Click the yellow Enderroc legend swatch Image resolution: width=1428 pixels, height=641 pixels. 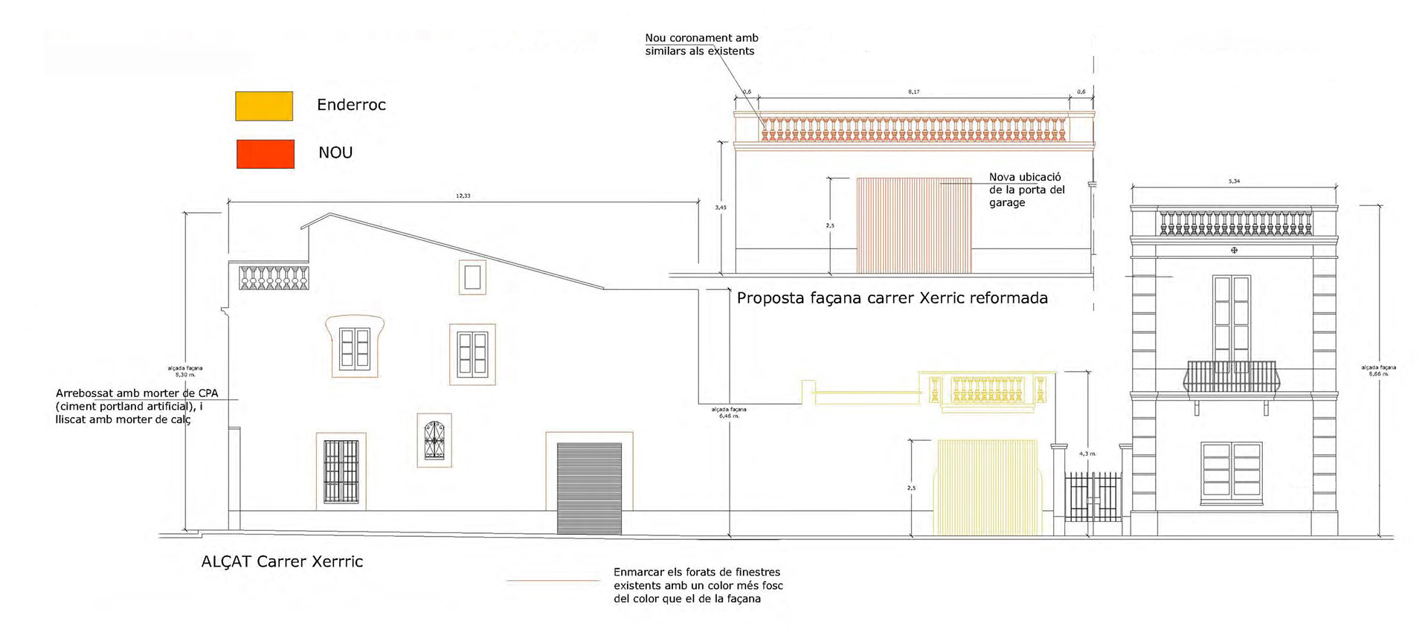tap(264, 106)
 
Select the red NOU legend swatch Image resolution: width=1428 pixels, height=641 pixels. tap(266, 154)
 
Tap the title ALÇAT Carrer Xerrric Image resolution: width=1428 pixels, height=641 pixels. tap(282, 561)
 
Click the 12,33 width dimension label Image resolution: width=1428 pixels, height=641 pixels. tap(463, 196)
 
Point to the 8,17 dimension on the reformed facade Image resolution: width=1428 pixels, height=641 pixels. tap(913, 92)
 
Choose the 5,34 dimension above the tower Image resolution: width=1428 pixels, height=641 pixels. tap(1234, 181)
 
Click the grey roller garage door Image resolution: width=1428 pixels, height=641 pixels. tap(589, 488)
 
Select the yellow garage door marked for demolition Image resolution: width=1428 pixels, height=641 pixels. tap(987, 488)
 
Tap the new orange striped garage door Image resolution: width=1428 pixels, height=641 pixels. tap(913, 225)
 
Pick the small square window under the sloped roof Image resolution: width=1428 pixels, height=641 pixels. tap(472, 277)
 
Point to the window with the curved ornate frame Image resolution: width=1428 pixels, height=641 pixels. tap(355, 347)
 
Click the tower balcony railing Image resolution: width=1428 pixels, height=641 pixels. tap(1230, 376)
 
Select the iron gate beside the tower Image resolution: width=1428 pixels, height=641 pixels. tap(1092, 496)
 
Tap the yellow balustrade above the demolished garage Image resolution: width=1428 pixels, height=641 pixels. tap(988, 390)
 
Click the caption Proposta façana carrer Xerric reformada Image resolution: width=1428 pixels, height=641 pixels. tap(892, 299)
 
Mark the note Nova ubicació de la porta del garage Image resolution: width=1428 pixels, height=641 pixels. tap(1026, 190)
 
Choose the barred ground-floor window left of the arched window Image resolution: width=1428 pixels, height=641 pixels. tap(341, 471)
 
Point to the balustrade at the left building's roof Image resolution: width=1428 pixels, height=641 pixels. tap(274, 277)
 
